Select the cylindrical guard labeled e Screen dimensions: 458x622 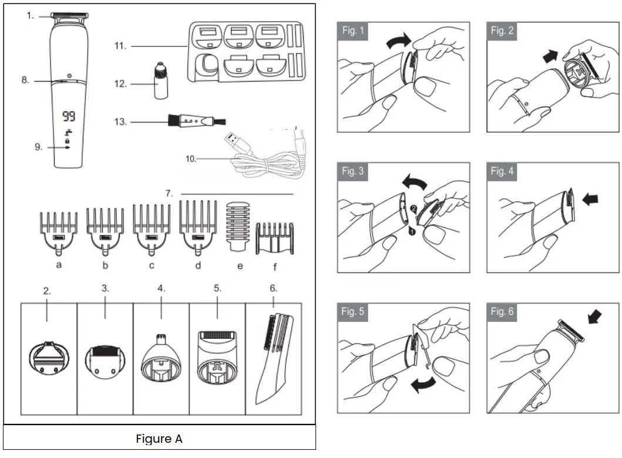click(238, 227)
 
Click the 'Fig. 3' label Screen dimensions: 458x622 click(353, 171)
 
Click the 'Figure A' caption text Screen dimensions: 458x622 click(159, 439)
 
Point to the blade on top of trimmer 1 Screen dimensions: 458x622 click(69, 15)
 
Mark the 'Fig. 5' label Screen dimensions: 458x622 click(353, 312)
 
